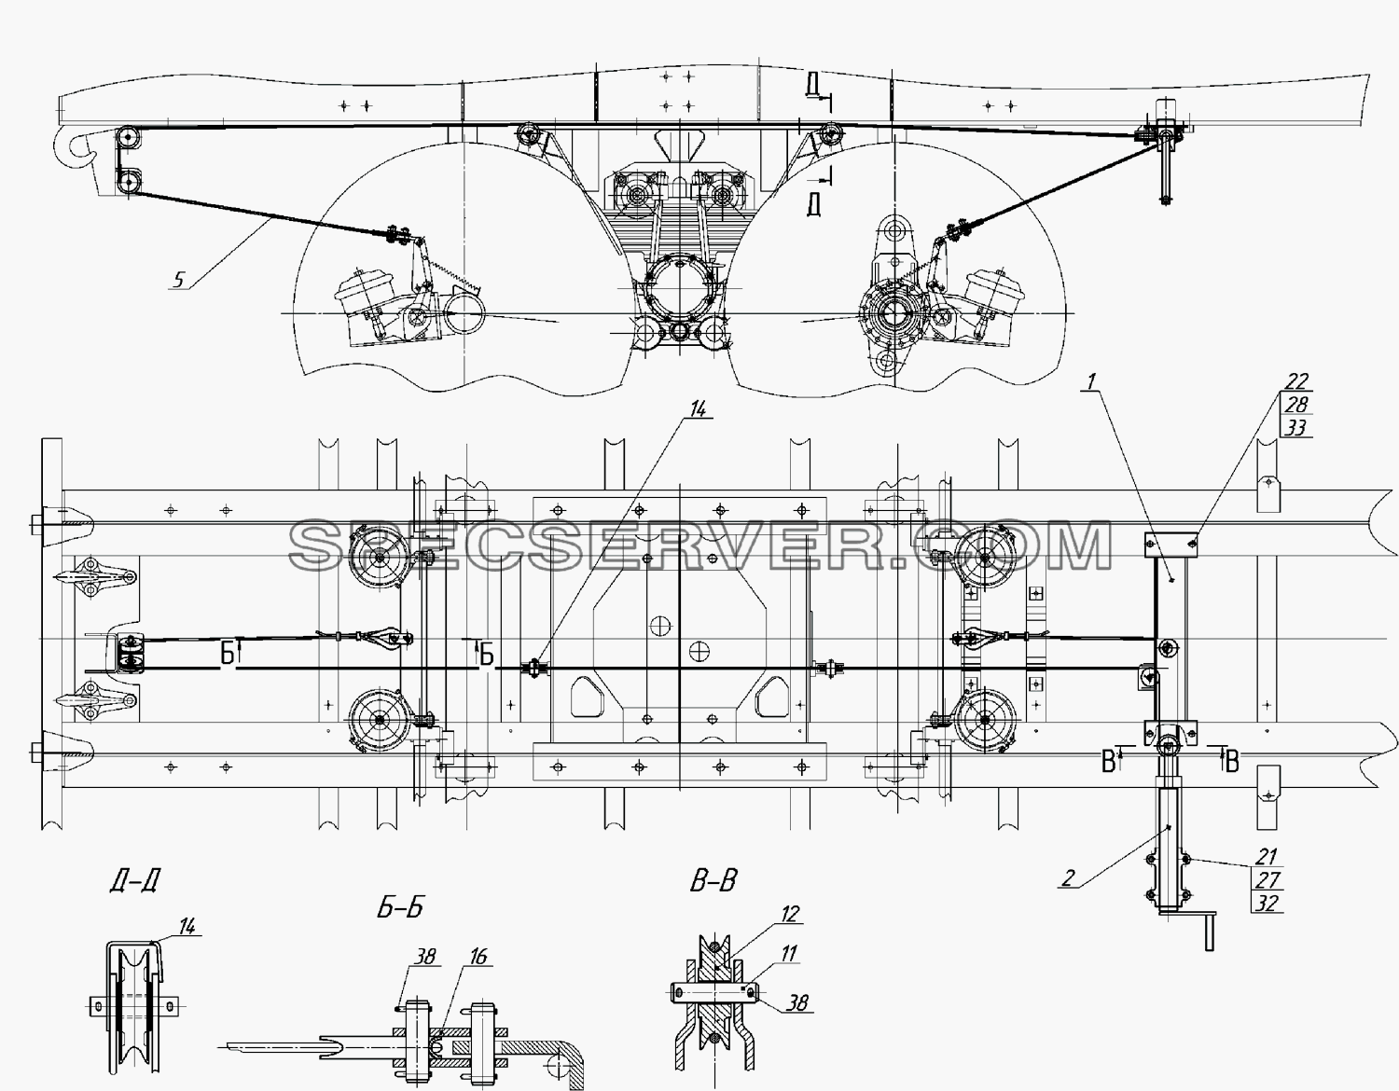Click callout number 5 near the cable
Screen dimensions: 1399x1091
[x=179, y=280]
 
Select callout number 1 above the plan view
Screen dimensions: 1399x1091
[x=1090, y=382]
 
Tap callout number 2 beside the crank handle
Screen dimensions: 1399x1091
[x=1068, y=878]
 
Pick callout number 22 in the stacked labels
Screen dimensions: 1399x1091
[x=1295, y=381]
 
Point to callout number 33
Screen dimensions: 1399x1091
[x=1295, y=427]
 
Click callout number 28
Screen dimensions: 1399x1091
[x=1295, y=405]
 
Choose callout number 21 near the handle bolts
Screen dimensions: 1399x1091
[x=1266, y=857]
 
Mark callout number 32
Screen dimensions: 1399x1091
[x=1266, y=903]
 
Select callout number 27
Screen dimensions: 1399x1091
[x=1266, y=880]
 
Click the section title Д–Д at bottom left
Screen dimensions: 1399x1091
[x=134, y=880]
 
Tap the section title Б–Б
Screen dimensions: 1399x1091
[x=400, y=908]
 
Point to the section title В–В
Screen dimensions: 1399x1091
[x=713, y=880]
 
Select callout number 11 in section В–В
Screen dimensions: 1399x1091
[x=789, y=953]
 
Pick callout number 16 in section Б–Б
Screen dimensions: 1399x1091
[x=478, y=957]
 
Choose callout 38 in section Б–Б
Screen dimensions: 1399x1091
[x=425, y=957]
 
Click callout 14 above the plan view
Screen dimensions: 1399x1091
[x=698, y=408]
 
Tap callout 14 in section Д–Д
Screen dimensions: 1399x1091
[x=187, y=927]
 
